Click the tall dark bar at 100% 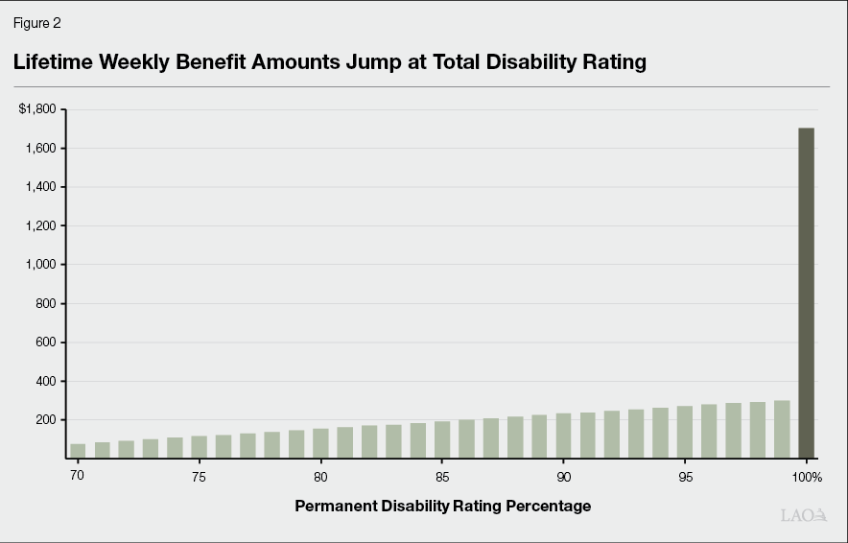(x=806, y=293)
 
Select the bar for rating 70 (x=78, y=451)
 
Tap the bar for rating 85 (x=442, y=439)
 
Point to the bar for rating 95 (x=685, y=432)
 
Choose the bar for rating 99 (x=782, y=429)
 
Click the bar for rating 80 (x=320, y=443)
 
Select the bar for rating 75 (x=199, y=447)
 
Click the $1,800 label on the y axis (x=37, y=109)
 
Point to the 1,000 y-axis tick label (x=41, y=265)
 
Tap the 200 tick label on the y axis (x=46, y=420)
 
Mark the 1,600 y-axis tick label (x=41, y=149)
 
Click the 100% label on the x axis (x=807, y=477)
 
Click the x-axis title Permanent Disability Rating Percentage (x=442, y=506)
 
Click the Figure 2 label (x=36, y=23)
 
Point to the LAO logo (x=804, y=516)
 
